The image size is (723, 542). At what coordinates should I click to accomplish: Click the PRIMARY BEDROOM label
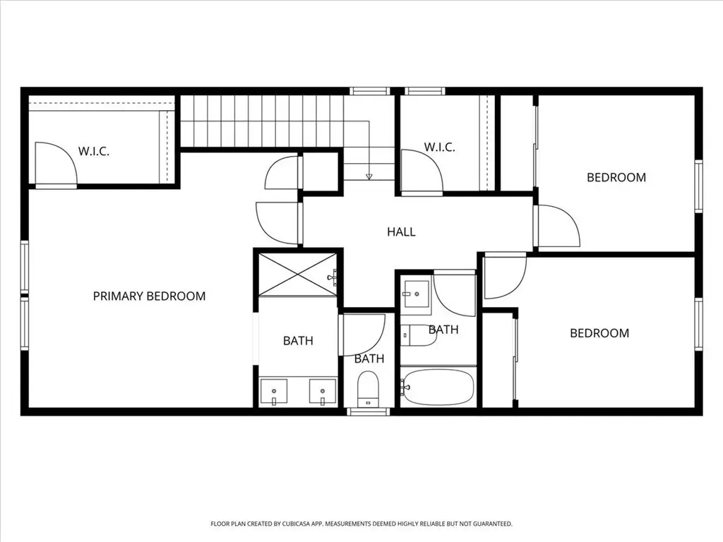(149, 296)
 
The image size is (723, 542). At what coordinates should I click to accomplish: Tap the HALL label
(401, 231)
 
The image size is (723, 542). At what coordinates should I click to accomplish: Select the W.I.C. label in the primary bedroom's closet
(94, 151)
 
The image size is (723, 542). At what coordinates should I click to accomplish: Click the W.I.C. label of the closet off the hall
(439, 147)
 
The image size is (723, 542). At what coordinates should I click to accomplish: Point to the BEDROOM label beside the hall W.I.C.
(616, 177)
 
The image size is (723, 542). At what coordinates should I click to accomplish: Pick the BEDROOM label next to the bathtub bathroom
(599, 333)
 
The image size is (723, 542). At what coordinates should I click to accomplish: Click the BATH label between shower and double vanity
(298, 341)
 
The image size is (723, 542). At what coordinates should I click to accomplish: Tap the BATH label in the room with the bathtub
(443, 330)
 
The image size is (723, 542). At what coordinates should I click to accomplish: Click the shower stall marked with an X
(297, 275)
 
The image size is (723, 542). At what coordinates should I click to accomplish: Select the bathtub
(437, 386)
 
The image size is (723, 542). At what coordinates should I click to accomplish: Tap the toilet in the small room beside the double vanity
(368, 390)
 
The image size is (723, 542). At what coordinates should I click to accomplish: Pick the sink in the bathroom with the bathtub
(417, 294)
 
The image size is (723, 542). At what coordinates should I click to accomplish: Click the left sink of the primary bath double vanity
(273, 392)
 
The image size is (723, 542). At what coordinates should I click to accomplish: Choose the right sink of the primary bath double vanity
(322, 392)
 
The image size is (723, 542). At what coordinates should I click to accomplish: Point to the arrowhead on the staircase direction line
(369, 176)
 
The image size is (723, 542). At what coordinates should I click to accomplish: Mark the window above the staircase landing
(369, 91)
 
